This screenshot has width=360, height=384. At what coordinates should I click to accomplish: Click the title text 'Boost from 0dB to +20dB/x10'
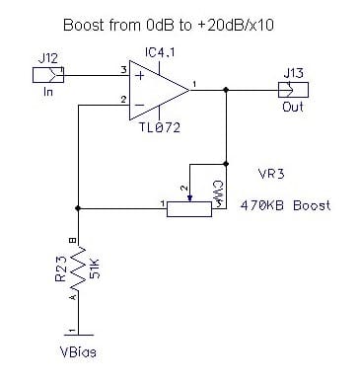pos(168,26)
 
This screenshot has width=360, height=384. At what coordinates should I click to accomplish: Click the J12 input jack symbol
pos(48,75)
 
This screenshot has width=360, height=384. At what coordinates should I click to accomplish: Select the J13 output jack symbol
pos(293,90)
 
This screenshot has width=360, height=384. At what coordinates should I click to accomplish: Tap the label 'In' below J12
pos(48,91)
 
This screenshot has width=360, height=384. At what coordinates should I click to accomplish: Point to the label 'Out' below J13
pos(293,107)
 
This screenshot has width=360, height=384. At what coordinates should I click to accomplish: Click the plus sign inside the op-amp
pos(140,76)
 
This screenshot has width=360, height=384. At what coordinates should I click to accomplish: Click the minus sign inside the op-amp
pos(140,106)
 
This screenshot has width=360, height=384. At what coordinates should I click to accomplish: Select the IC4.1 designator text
pos(160,52)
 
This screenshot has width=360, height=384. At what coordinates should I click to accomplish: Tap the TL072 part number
pos(160,127)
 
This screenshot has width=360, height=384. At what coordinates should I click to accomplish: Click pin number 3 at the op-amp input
pos(123,70)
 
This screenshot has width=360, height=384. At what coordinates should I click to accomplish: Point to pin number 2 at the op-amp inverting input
pos(123,100)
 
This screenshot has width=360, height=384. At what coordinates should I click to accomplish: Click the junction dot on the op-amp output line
pos(226,90)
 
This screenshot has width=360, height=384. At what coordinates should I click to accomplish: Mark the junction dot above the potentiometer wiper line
pos(226,164)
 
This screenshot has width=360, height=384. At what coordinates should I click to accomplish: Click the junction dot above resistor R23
pos(78,208)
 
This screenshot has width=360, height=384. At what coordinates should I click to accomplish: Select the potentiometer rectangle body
pos(189,209)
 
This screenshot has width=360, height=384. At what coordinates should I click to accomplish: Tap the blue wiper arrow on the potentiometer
pos(189,198)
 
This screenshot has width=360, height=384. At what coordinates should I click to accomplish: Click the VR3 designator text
pos(271,174)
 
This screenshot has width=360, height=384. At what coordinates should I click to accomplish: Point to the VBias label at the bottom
pos(79,352)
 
